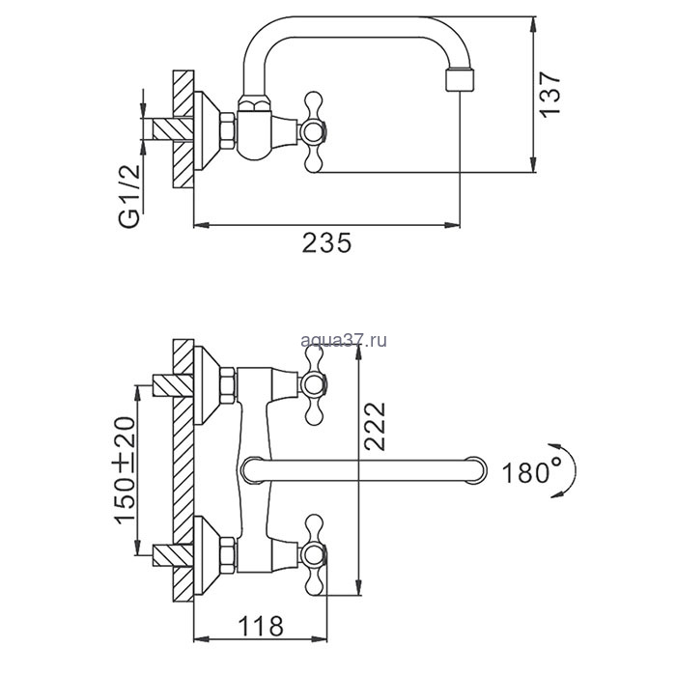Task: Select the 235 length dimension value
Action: (325, 243)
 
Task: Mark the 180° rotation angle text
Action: (531, 473)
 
